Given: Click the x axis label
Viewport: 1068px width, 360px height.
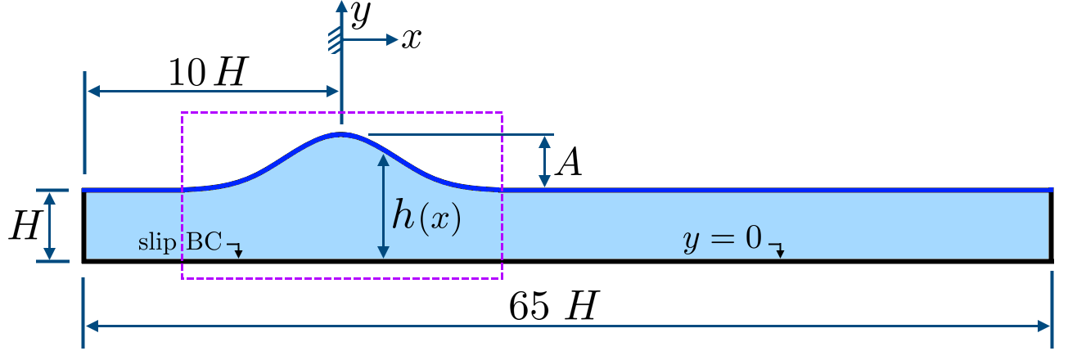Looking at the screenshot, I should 411,38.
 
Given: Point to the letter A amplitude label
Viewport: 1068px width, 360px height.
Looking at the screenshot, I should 568,164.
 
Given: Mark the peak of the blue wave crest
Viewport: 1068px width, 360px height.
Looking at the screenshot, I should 340,133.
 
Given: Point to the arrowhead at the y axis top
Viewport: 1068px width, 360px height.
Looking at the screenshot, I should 340,6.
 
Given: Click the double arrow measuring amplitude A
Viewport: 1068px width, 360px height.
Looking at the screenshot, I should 543,161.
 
